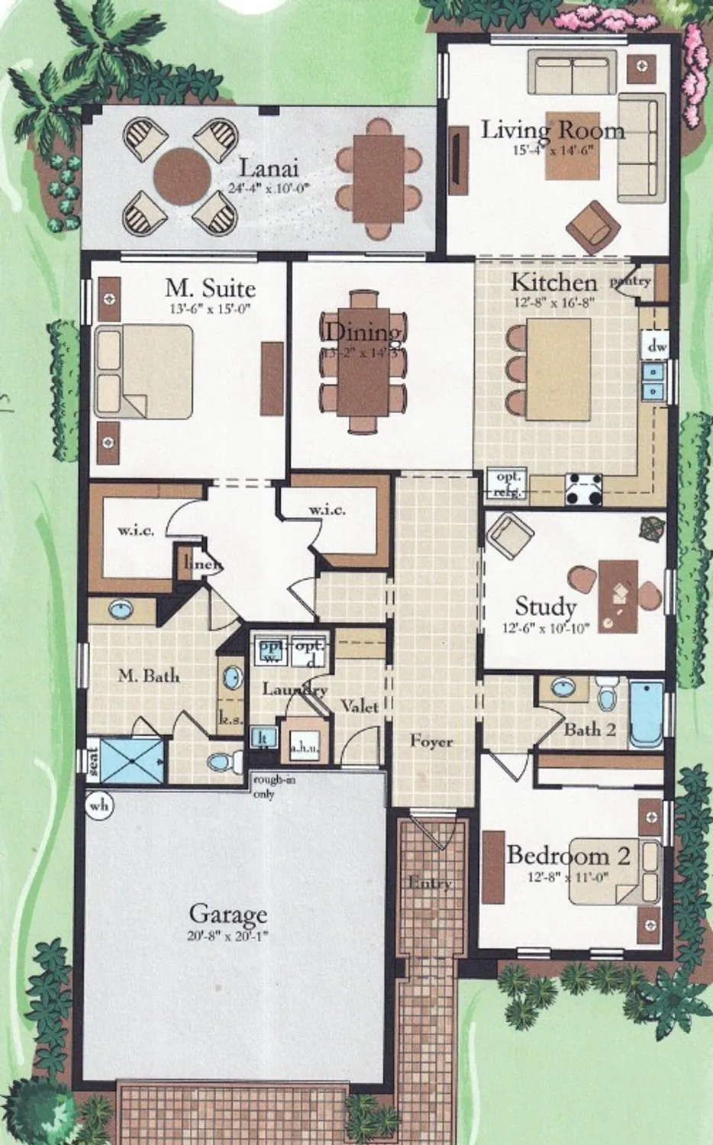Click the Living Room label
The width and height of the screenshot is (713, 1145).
(x=552, y=130)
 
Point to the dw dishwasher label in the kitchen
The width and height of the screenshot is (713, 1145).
(x=657, y=346)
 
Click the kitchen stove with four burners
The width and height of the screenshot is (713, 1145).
(x=583, y=489)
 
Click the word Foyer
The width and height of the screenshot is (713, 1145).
(x=431, y=740)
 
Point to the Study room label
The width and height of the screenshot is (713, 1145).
(x=545, y=607)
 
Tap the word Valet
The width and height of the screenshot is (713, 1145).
(x=360, y=706)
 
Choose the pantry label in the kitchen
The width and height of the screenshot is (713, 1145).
(x=631, y=281)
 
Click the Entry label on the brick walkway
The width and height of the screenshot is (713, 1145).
(x=430, y=883)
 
